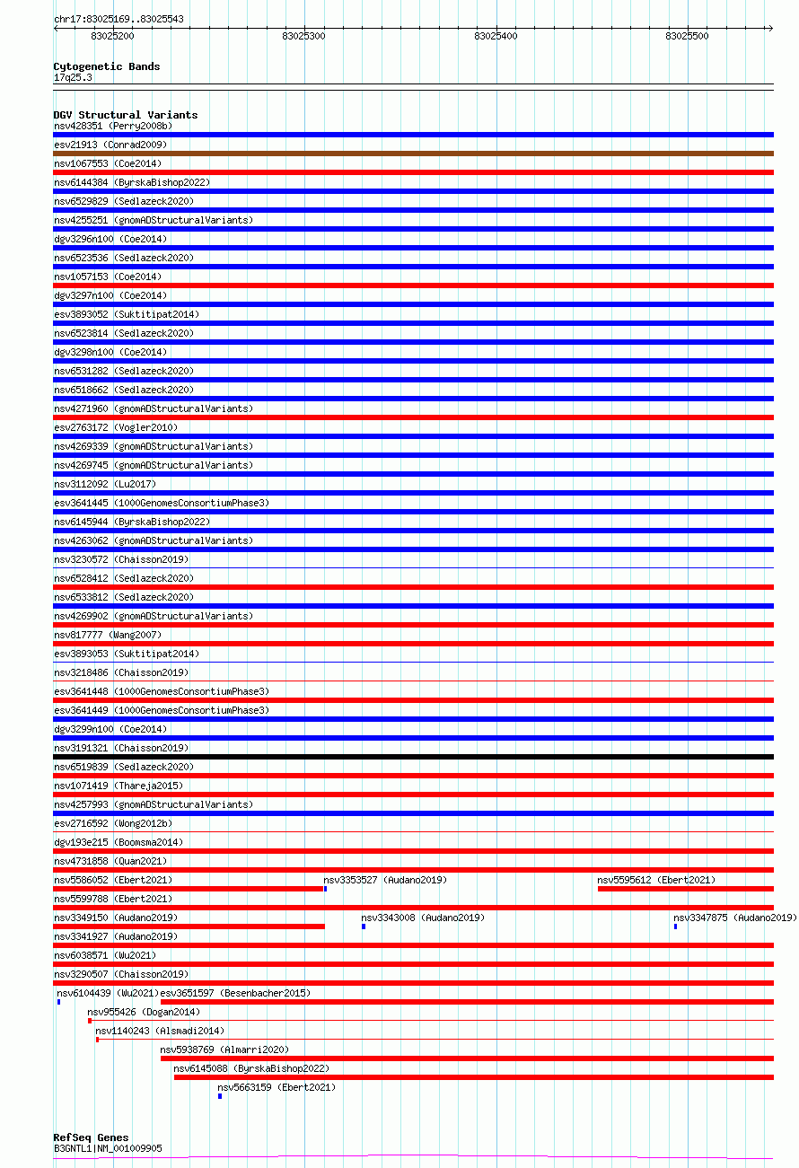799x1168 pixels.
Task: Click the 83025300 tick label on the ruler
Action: click(x=303, y=36)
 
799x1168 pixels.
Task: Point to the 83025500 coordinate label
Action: click(x=687, y=36)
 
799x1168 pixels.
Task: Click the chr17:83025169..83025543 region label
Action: click(x=119, y=19)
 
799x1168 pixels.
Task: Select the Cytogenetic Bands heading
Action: click(x=106, y=66)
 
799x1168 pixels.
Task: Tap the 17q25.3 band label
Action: click(x=73, y=77)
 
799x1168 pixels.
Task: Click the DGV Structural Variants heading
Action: click(x=125, y=115)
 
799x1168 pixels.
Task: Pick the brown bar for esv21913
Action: click(x=413, y=154)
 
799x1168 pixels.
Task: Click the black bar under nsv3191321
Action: click(x=413, y=757)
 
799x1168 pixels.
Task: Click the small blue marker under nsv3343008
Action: click(x=364, y=926)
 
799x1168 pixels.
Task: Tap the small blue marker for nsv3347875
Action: click(x=675, y=926)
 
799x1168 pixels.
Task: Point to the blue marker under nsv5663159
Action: click(x=219, y=1096)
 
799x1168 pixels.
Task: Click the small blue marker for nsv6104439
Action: click(x=58, y=1002)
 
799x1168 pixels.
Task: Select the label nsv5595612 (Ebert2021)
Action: click(x=656, y=880)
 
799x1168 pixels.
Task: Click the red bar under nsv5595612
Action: click(x=685, y=889)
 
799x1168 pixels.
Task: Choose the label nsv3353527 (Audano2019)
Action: click(x=385, y=880)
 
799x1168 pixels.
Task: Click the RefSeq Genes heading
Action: click(x=91, y=1137)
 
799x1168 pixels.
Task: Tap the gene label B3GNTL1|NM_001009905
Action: click(x=108, y=1148)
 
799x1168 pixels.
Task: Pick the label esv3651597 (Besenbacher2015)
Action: click(x=235, y=993)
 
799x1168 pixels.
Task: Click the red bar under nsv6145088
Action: click(x=473, y=1077)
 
